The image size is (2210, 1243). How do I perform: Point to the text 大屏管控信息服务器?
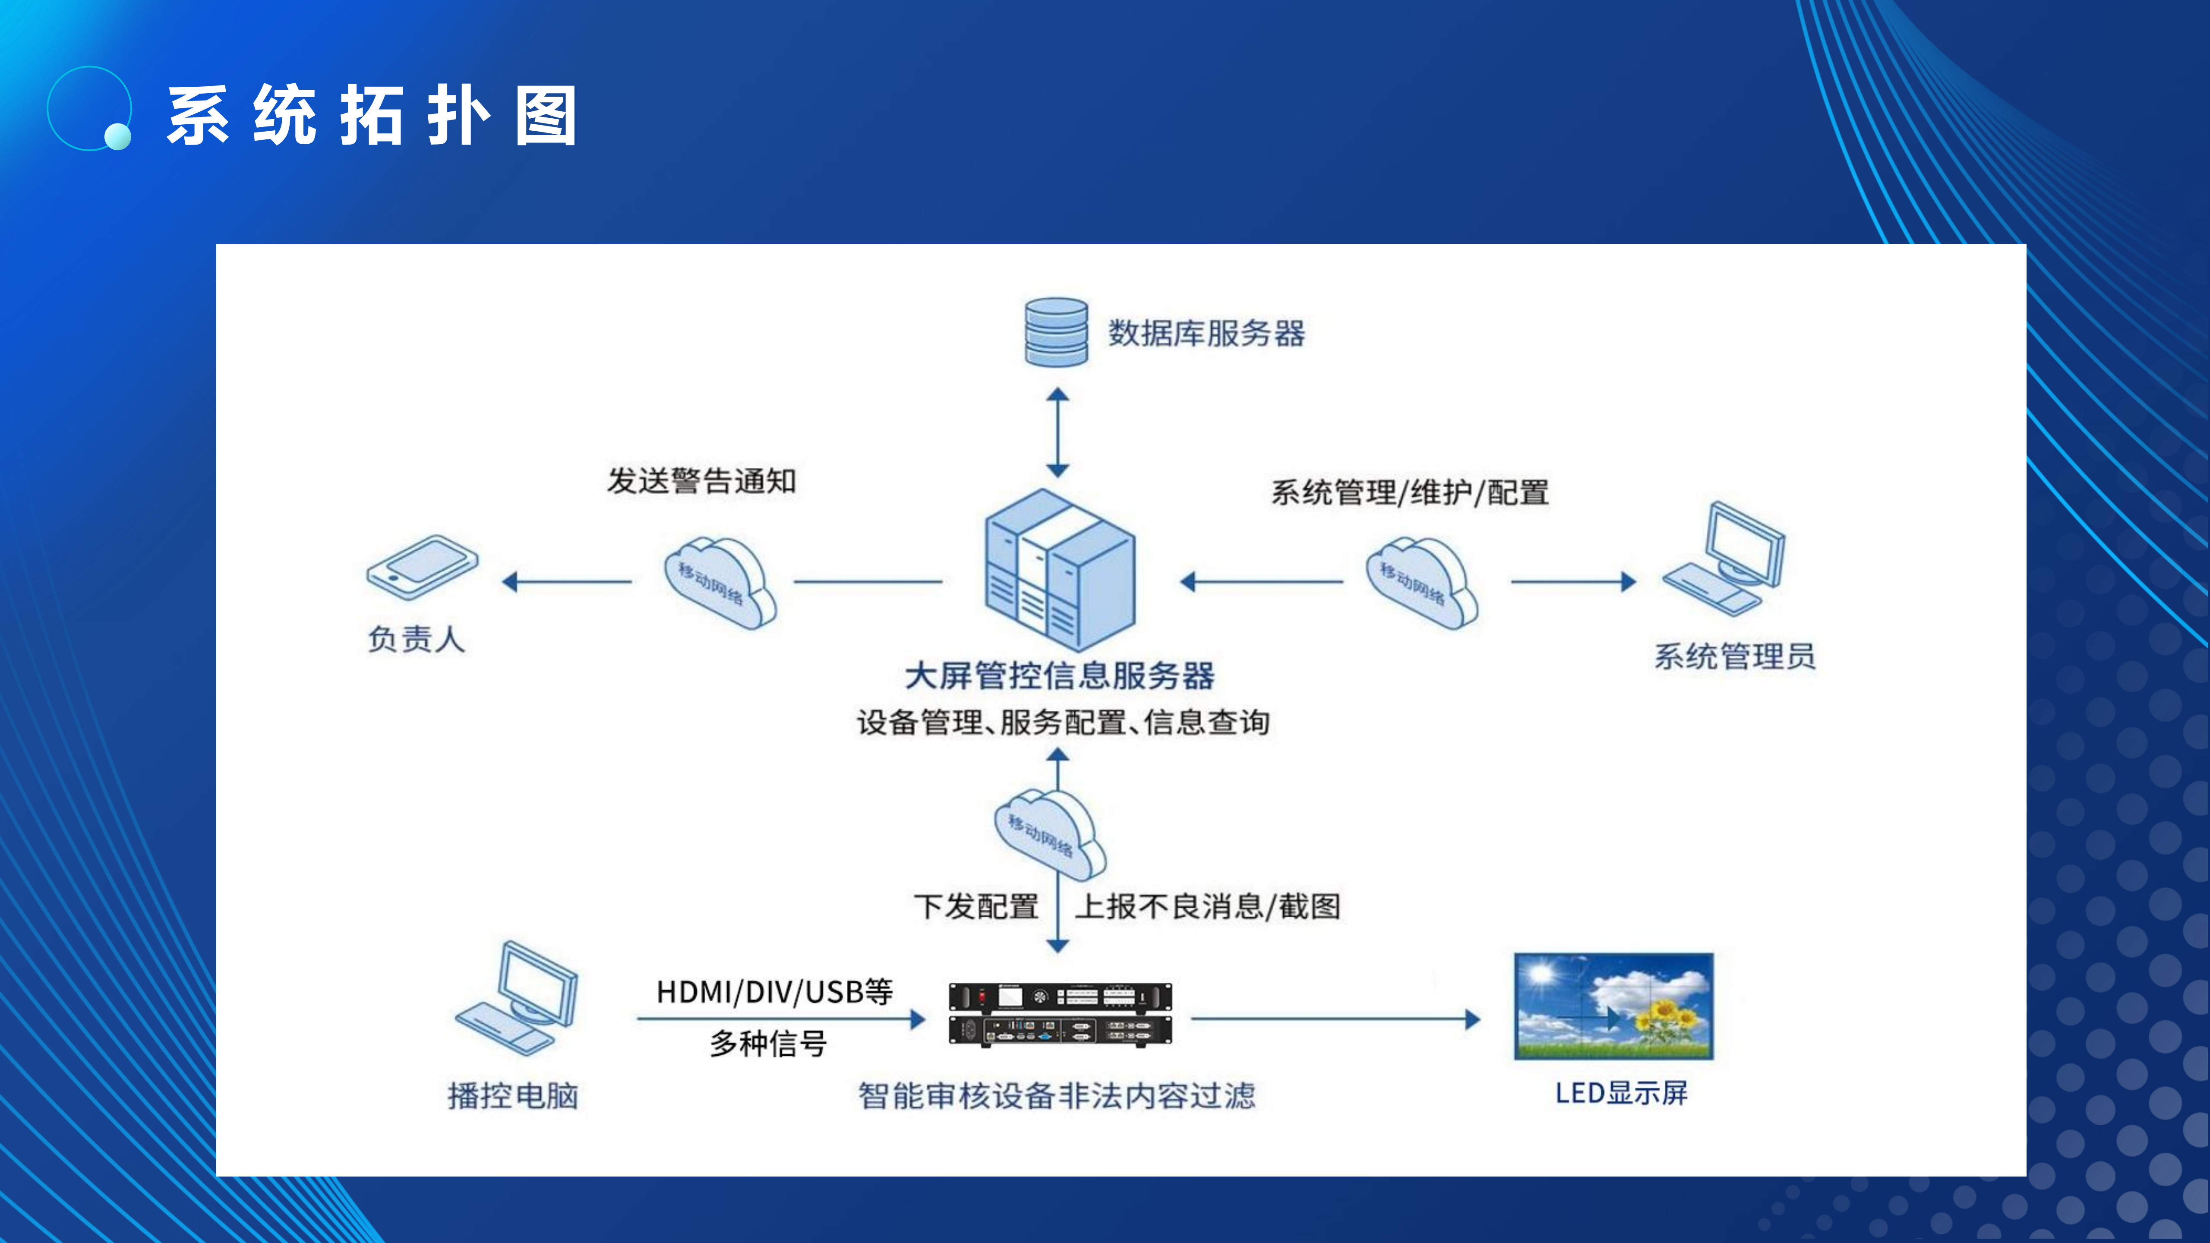pos(1060,676)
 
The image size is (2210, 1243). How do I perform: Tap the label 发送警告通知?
pos(702,481)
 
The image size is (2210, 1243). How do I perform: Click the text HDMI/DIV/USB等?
pos(774,993)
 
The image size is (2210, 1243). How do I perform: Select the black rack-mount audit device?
pos(1060,1015)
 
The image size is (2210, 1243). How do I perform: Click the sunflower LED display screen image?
pos(1613,1006)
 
